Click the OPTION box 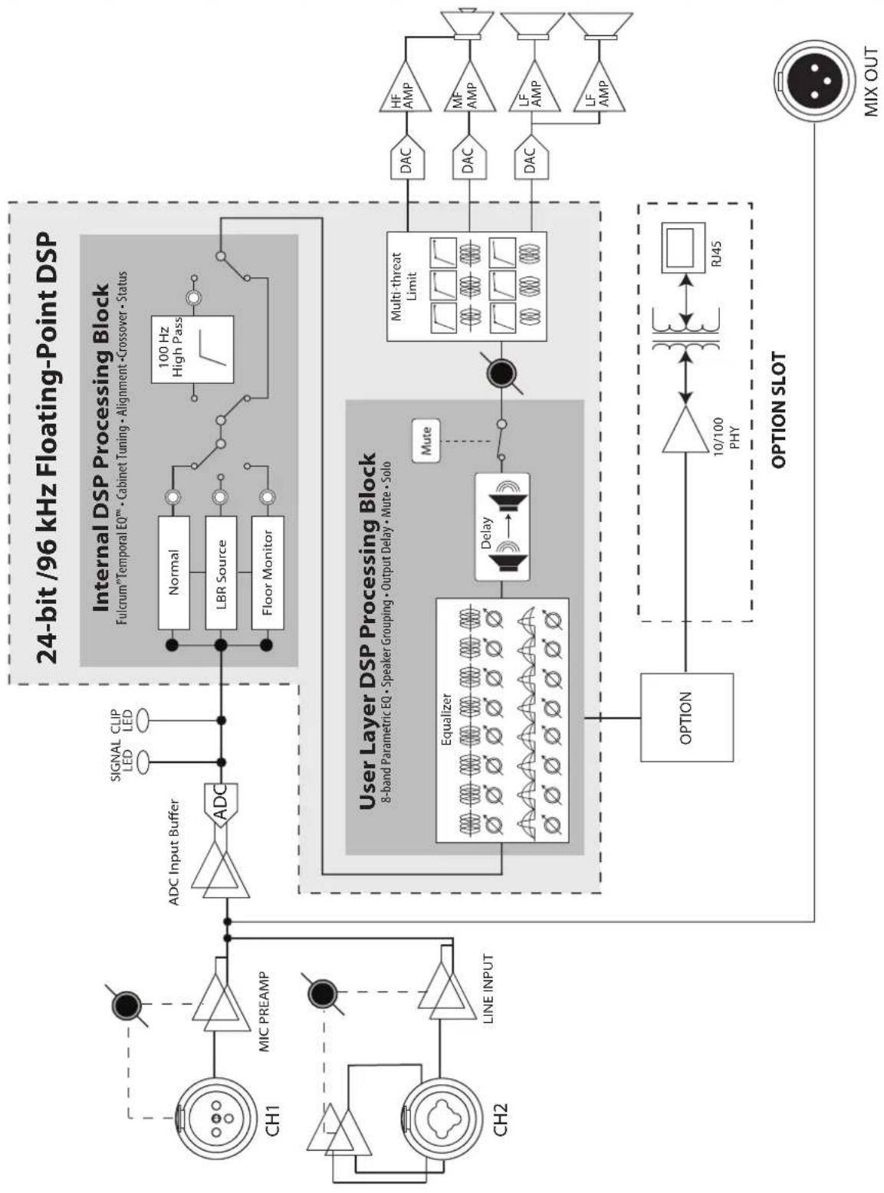click(686, 717)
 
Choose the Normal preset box click(174, 573)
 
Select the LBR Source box click(221, 573)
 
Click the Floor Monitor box click(268, 573)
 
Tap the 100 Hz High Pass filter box click(192, 349)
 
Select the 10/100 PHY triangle click(685, 429)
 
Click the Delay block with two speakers click(501, 526)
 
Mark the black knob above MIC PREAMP click(126, 1001)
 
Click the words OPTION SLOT click(778, 410)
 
